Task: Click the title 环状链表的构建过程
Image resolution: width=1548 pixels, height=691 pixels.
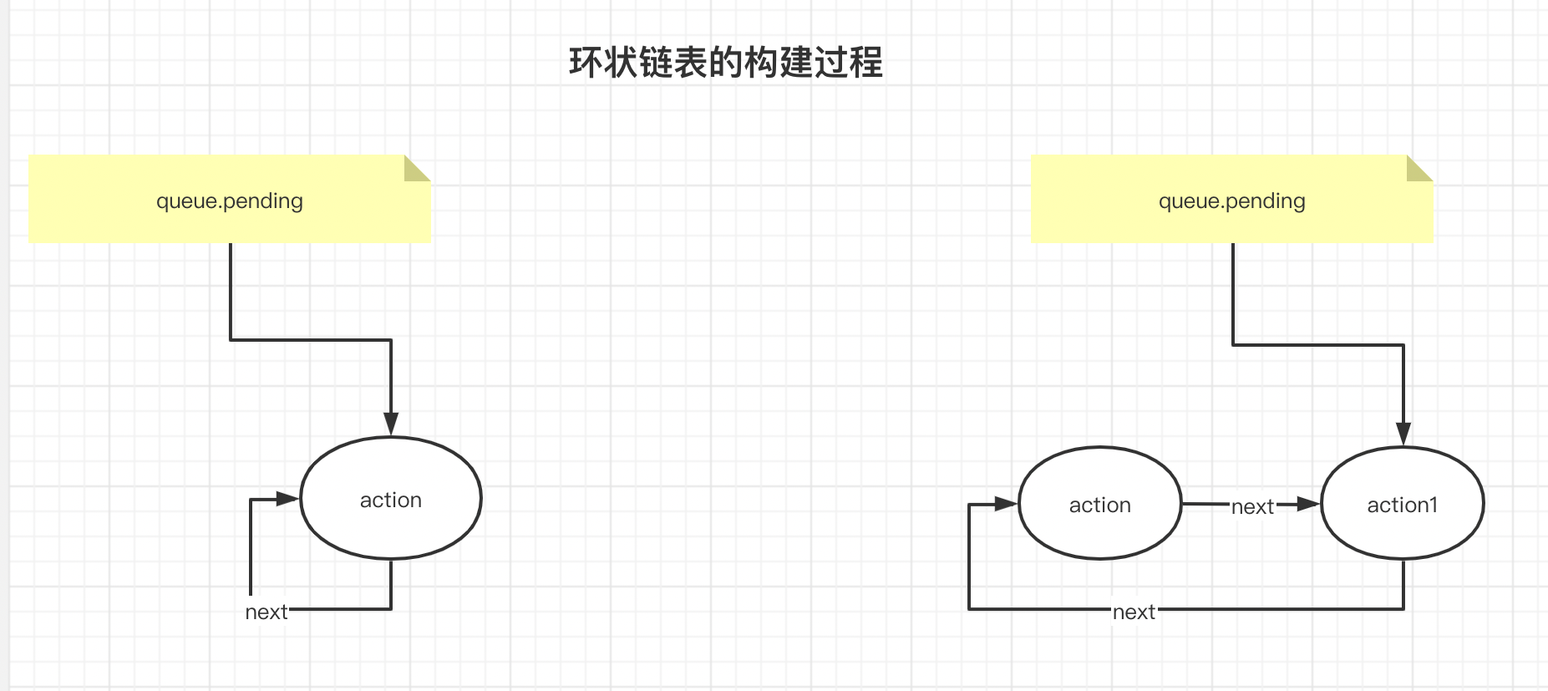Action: click(725, 63)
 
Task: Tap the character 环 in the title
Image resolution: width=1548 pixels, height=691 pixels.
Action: click(586, 63)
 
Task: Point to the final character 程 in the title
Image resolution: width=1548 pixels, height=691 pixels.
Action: click(865, 63)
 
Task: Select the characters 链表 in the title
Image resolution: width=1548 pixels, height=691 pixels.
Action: click(672, 63)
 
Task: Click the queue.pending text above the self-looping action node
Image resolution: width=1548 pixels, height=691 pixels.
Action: click(230, 201)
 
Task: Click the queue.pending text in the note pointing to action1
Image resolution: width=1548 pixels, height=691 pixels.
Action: click(1231, 201)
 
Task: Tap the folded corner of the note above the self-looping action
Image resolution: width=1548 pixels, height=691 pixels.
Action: click(416, 168)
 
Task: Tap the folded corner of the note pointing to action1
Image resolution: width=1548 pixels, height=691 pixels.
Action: click(1419, 168)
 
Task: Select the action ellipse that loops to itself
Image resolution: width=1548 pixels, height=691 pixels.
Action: click(391, 499)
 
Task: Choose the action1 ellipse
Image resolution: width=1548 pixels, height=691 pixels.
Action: click(1402, 504)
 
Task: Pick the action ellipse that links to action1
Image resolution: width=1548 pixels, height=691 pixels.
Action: click(1099, 504)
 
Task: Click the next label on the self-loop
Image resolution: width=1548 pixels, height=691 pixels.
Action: click(266, 612)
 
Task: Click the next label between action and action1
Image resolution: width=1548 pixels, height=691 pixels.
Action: click(1252, 506)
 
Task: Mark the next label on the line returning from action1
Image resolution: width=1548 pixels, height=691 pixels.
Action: click(1134, 612)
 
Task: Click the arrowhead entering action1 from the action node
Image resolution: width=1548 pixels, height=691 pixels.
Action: click(1308, 504)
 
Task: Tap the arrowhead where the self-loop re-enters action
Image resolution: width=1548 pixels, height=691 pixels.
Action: click(287, 499)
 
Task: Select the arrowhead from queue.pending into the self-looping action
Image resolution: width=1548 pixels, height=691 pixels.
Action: click(391, 424)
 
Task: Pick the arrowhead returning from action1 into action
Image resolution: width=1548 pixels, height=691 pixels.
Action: click(1006, 504)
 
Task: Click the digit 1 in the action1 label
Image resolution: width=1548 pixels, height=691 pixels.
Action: click(1433, 504)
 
